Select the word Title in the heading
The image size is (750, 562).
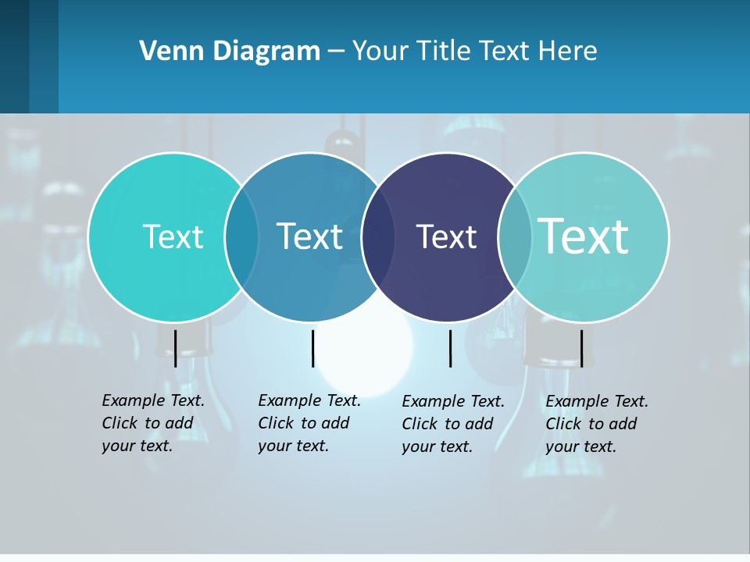tap(444, 51)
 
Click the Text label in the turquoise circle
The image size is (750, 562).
tap(173, 237)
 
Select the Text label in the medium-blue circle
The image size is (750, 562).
tap(309, 237)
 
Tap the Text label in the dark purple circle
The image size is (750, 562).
tap(446, 237)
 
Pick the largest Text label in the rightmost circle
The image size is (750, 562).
tap(583, 236)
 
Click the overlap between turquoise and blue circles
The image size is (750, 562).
tap(241, 237)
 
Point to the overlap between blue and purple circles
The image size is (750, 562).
tap(378, 237)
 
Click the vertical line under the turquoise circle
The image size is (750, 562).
tap(175, 348)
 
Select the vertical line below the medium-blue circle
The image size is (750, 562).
tap(312, 348)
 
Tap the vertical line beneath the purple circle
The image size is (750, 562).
tap(450, 348)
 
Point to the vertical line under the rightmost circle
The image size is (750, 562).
tap(581, 348)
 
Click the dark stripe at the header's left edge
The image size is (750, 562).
tap(14, 56)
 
